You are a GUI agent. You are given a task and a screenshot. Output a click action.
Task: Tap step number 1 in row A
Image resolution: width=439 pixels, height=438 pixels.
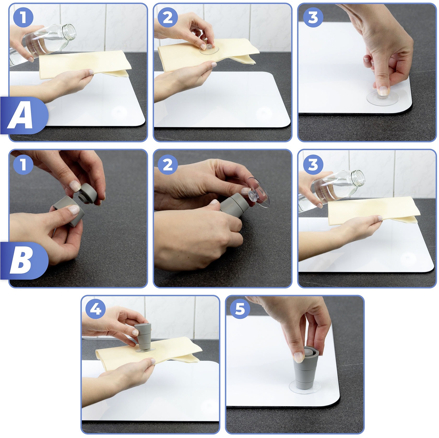pos(23,17)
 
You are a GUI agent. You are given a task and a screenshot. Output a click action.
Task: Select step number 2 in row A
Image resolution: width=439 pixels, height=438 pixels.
pos(168,17)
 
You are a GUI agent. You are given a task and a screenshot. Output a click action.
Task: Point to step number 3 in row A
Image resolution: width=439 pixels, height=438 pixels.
pos(313,17)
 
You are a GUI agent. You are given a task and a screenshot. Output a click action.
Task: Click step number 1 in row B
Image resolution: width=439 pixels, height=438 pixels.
pos(23,164)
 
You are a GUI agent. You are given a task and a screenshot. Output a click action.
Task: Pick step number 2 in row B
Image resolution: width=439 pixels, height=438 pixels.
pos(168,164)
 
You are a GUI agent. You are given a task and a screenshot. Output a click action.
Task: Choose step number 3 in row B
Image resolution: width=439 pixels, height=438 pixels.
pos(313,164)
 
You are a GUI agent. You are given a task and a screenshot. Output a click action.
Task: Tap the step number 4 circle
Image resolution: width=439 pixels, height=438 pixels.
pos(96,310)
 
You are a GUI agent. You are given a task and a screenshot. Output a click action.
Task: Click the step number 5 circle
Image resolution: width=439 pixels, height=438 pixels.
pos(240,310)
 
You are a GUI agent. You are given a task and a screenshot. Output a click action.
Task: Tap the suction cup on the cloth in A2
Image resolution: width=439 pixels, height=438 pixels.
pos(209,49)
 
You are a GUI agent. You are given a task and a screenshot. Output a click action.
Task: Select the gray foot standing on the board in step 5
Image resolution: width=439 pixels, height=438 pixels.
pos(306,369)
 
